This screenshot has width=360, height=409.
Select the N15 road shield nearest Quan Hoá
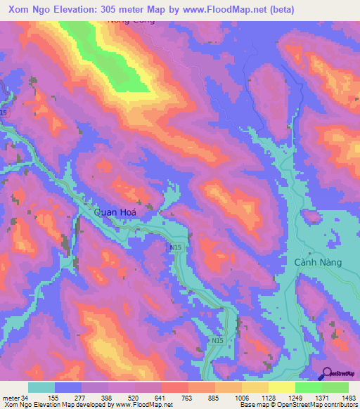[x=176, y=248]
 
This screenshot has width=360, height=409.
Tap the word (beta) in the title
[x=278, y=9]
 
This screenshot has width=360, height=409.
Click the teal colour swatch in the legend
[x=41, y=387]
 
